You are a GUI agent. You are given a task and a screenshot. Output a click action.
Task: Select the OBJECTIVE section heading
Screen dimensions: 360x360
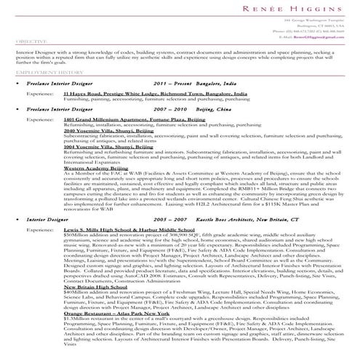(x=28, y=42)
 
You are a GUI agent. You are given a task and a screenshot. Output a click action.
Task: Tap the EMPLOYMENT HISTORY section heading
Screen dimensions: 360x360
(x=44, y=73)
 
